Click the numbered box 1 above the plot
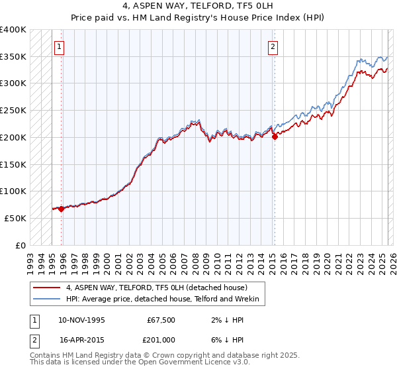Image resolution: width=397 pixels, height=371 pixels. [60, 46]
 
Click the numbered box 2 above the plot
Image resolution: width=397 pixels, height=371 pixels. [273, 46]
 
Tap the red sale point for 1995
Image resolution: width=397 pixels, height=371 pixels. [62, 209]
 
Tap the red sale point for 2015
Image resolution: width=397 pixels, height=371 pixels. [275, 137]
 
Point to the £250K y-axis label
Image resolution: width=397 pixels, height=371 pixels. [13, 111]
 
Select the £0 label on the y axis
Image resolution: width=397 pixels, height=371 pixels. [21, 245]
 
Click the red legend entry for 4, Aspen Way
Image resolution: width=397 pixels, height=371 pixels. [156, 288]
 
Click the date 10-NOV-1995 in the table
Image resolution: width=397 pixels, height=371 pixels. [81, 320]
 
